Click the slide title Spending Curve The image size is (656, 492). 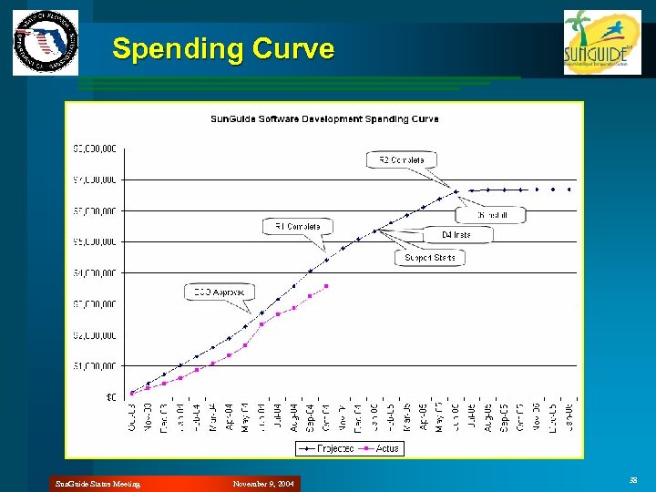tap(223, 48)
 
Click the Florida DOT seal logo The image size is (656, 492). tap(45, 43)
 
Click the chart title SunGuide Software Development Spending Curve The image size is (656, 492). tap(324, 118)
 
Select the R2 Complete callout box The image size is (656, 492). tap(402, 159)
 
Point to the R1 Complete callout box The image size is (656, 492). tap(298, 225)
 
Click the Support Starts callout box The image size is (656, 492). tap(430, 258)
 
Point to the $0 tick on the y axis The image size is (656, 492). tap(109, 396)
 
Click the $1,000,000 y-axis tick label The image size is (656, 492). tap(95, 365)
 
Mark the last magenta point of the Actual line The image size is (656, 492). tap(326, 286)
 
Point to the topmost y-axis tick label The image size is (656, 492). tap(95, 148)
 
